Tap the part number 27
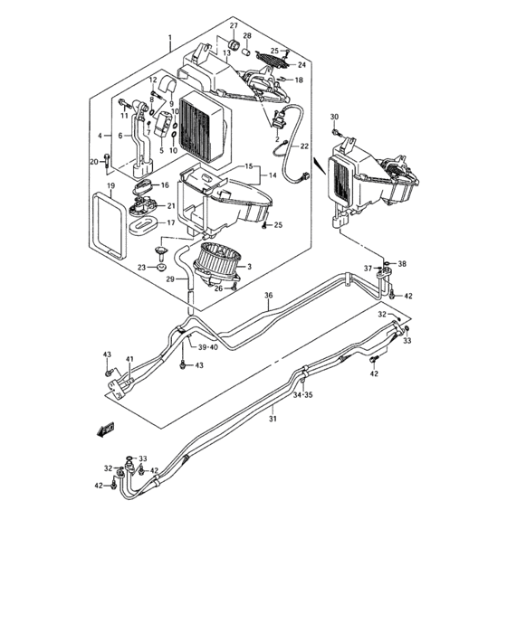click(x=233, y=24)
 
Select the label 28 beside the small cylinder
click(x=247, y=35)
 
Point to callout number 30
click(x=334, y=118)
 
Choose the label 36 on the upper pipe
click(x=268, y=295)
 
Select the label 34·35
click(x=302, y=394)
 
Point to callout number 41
click(x=129, y=360)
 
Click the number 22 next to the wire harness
click(x=304, y=146)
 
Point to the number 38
click(x=403, y=264)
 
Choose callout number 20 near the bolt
click(x=92, y=162)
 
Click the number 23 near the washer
click(x=141, y=267)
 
